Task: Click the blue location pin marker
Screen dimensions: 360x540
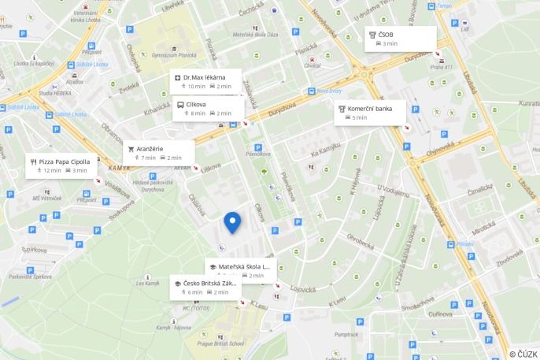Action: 231,222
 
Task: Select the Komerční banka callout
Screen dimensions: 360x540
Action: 371,113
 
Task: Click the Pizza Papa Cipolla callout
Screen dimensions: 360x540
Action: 61,165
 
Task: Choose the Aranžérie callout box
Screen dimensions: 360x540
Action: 158,153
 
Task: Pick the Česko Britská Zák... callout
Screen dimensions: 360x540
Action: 205,287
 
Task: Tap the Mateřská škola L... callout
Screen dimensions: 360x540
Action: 240,270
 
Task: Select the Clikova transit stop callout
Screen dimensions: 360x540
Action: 208,108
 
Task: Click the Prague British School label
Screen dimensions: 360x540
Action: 220,343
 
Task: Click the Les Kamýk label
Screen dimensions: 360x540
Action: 147,283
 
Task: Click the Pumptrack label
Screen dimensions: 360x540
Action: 346,334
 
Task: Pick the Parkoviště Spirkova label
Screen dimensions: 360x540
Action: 31,276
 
